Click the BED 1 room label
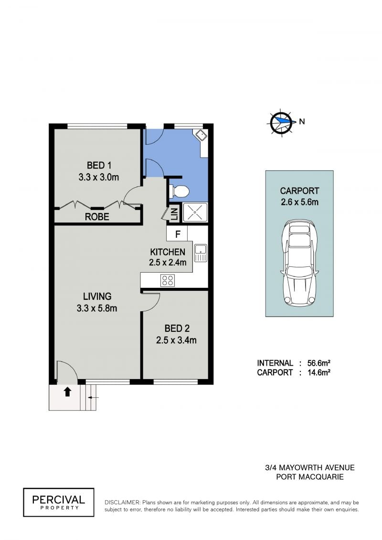coord(99,166)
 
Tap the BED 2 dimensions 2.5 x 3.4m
coord(176,340)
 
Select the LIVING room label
coord(97,296)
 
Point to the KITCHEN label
coord(168,252)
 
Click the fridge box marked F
coord(177,234)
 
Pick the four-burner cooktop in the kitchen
coord(168,280)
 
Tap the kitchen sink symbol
coord(201,253)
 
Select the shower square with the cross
coord(195,212)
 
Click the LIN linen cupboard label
coord(174,213)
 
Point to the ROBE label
coord(97,217)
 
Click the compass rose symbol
coord(281,122)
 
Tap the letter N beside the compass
coord(302,121)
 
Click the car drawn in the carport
coord(299,263)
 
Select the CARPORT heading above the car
coord(299,191)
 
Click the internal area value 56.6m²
coord(318,363)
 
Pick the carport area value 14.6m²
coord(318,372)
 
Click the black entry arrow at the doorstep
coord(67,392)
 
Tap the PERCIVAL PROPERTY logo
coord(59,502)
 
